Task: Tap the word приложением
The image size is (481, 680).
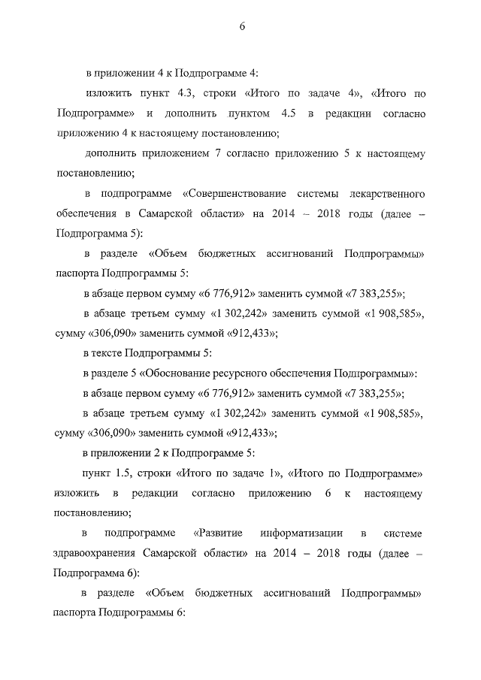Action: (190, 153)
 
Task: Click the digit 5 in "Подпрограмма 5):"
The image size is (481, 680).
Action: (133, 233)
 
